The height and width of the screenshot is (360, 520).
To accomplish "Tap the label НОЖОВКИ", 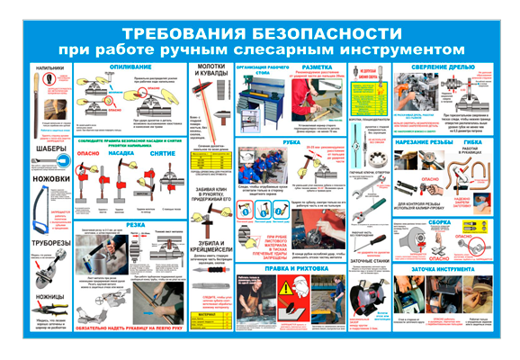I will [x=51, y=178].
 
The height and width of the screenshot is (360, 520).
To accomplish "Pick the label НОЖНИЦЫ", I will [x=51, y=295].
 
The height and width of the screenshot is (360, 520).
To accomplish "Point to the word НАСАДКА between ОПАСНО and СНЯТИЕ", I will [x=121, y=153].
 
